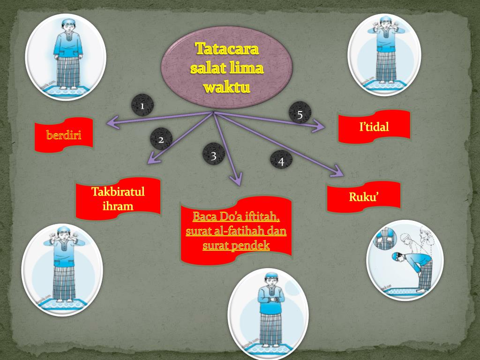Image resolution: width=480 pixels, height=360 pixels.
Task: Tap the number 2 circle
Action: click(x=161, y=139)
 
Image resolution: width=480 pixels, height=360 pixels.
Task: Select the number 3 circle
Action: click(x=213, y=155)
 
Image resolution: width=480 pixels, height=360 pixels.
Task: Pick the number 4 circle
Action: click(x=281, y=161)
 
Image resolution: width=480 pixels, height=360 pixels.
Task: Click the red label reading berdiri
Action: click(x=63, y=135)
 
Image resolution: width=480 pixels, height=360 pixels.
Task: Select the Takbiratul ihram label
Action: click(x=118, y=199)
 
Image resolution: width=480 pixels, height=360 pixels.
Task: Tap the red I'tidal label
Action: click(x=374, y=126)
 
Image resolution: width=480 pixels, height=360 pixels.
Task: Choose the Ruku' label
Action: click(x=363, y=196)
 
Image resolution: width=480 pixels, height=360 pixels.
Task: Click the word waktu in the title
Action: click(x=227, y=88)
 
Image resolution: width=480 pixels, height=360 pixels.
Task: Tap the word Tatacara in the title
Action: click(x=227, y=48)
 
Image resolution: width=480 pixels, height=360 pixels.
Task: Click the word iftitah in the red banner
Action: click(x=261, y=217)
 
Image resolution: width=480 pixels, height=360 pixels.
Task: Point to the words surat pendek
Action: click(x=236, y=245)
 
